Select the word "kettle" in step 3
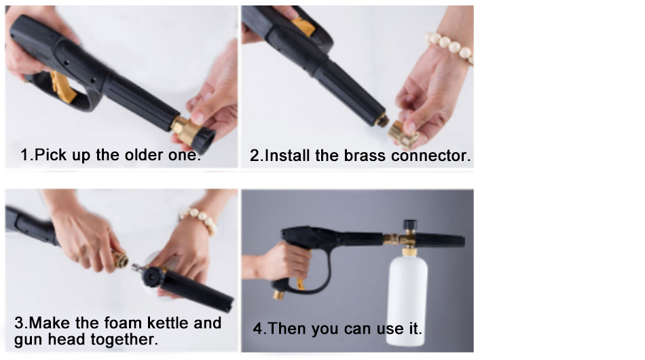[168, 323]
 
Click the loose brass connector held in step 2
[403, 134]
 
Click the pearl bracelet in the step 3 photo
[198, 219]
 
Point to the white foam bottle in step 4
[407, 300]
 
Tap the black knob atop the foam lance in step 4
[409, 225]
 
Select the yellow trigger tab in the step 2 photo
[303, 26]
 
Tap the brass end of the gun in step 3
[119, 258]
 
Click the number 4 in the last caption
[257, 328]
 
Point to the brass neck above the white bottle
[409, 251]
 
